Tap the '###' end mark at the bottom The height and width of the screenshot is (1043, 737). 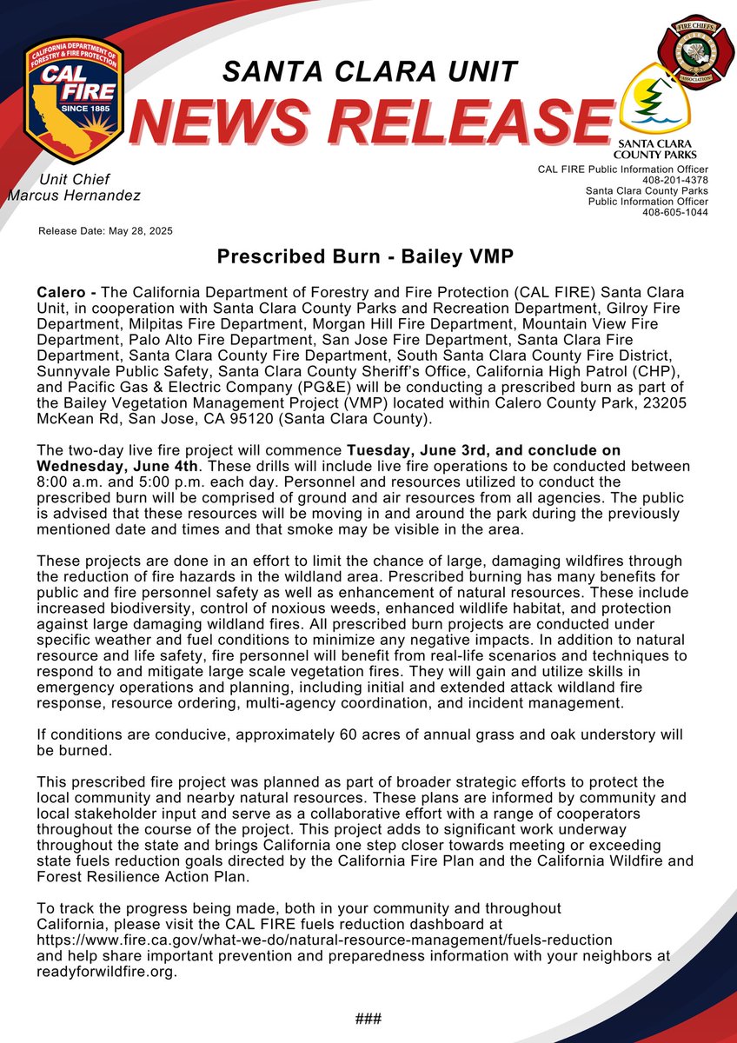pos(368,1019)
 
